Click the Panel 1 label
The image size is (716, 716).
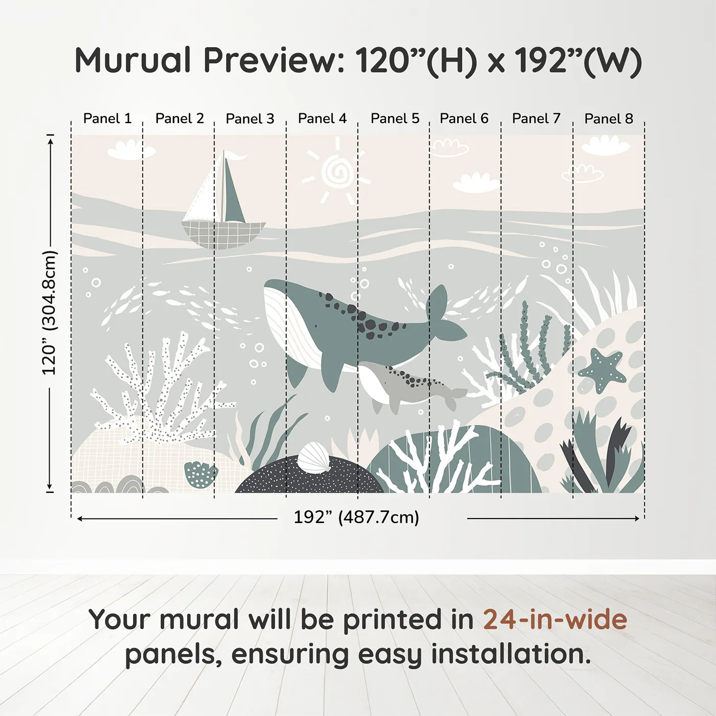(107, 119)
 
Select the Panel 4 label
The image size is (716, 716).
(322, 119)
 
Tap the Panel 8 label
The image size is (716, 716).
(609, 119)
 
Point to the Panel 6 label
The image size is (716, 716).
(464, 119)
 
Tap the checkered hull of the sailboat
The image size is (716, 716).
(223, 235)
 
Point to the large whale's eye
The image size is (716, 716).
(317, 326)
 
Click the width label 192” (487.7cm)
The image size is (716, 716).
(356, 518)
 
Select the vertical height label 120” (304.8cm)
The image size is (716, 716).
(50, 312)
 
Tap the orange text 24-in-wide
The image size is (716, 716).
(555, 619)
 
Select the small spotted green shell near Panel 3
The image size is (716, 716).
(200, 474)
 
